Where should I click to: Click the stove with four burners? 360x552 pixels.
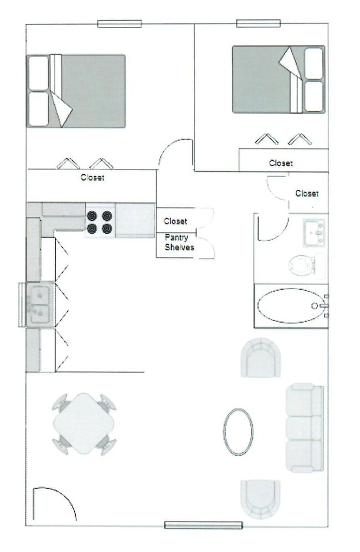[100, 221]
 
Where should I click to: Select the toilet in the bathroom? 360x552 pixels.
[302, 265]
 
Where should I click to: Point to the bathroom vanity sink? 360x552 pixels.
[314, 231]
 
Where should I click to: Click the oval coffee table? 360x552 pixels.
[238, 432]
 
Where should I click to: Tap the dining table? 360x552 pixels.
[84, 424]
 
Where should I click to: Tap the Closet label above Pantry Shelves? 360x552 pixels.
[176, 221]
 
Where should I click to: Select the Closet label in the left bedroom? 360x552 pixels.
[92, 178]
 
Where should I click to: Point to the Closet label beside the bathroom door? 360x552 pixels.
[307, 194]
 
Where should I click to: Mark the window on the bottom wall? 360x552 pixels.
[203, 525]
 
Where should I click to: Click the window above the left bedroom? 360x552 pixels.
[119, 24]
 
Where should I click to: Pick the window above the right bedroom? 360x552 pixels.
[258, 23]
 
